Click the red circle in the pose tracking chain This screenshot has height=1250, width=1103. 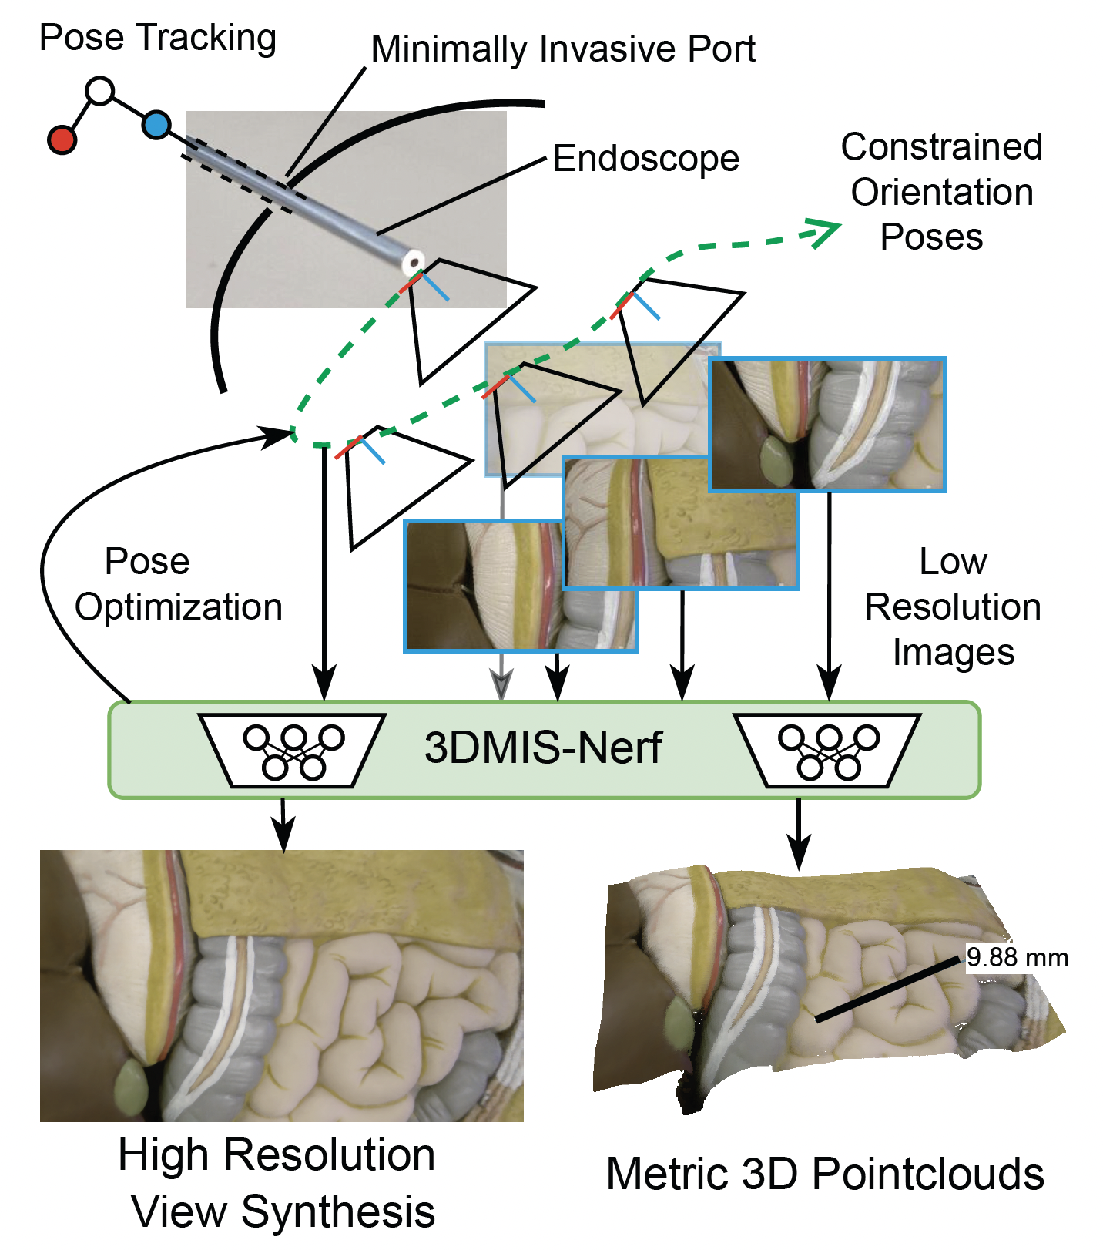click(62, 140)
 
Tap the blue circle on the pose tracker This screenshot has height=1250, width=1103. click(156, 125)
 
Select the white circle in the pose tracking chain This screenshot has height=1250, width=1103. click(100, 91)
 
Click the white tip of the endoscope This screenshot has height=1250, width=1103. click(414, 261)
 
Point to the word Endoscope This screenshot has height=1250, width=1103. click(645, 159)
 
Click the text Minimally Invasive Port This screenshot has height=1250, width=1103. click(562, 49)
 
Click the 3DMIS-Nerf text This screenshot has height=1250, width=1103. click(543, 748)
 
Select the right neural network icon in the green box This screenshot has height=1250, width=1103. click(827, 750)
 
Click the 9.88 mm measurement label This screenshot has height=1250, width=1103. click(1017, 958)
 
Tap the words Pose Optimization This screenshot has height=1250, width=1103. click(177, 584)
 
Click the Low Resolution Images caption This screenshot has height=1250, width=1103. click(953, 607)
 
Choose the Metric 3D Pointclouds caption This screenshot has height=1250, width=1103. click(824, 1174)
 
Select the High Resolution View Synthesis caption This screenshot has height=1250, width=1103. click(277, 1183)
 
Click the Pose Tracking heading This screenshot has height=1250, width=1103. click(157, 37)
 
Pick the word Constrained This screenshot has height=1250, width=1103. click(941, 147)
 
